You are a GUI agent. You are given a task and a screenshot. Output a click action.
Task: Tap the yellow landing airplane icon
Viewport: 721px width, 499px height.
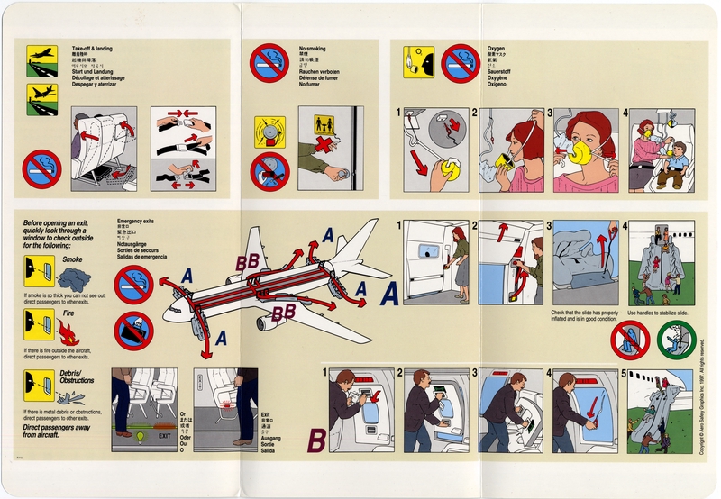[x=41, y=94]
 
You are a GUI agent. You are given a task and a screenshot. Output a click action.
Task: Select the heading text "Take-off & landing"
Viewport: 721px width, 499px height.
[x=92, y=46]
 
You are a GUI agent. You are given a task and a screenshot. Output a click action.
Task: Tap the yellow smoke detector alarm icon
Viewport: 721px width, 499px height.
[x=269, y=132]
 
